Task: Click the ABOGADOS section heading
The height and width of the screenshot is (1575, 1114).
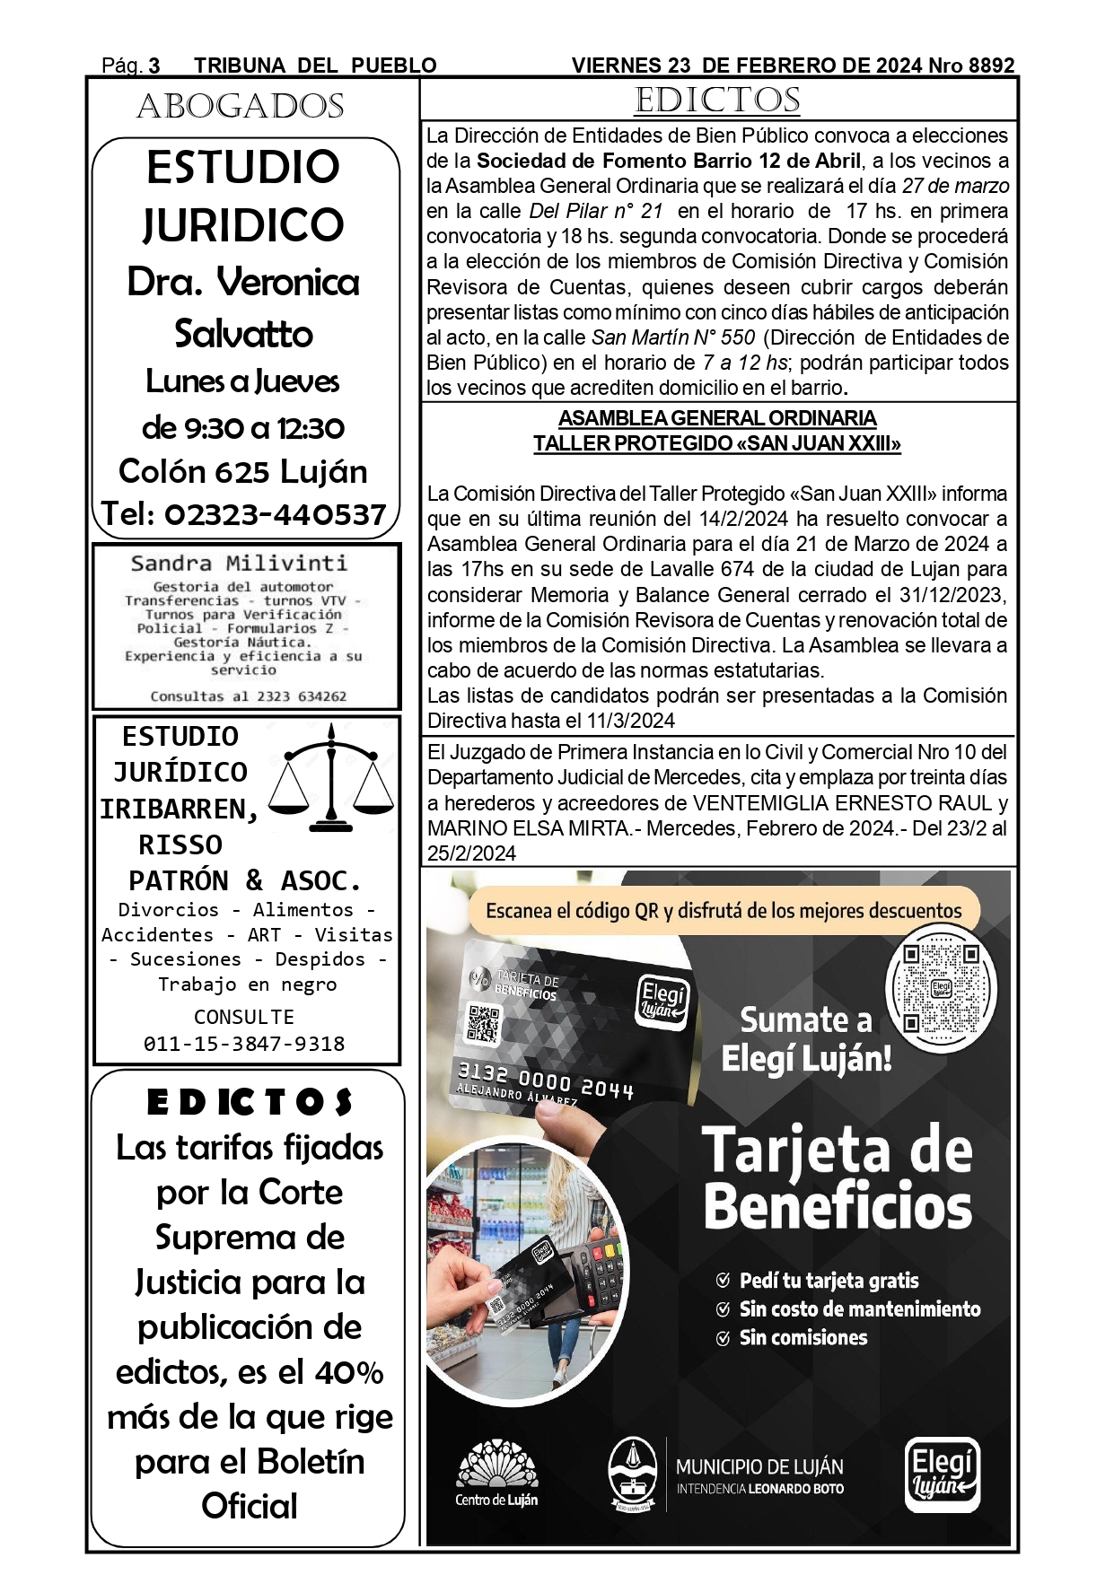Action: (x=241, y=107)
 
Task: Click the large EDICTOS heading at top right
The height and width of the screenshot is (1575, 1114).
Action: (x=717, y=101)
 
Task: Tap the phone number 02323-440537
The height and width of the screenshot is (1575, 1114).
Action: (x=275, y=514)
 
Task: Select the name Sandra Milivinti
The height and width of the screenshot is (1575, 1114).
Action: (x=239, y=564)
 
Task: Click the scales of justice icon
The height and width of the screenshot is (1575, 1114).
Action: (x=333, y=776)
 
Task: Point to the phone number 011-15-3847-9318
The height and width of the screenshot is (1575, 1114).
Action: (x=244, y=1044)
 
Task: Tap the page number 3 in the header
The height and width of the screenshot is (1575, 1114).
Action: (x=154, y=66)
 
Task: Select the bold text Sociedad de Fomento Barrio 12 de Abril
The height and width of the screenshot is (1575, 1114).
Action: (x=669, y=162)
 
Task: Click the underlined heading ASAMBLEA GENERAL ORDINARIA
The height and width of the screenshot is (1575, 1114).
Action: (x=717, y=418)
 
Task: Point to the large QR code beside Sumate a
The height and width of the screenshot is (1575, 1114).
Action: (x=941, y=988)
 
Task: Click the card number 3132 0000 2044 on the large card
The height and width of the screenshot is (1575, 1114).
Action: (x=546, y=1081)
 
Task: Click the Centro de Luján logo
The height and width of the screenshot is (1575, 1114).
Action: (x=496, y=1474)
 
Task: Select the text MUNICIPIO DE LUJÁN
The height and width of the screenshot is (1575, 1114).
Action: (x=759, y=1467)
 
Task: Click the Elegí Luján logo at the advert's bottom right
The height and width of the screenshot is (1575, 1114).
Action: (x=942, y=1474)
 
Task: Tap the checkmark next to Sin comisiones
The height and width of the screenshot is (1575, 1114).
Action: (x=723, y=1338)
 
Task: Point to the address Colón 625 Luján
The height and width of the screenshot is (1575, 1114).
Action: (x=243, y=471)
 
